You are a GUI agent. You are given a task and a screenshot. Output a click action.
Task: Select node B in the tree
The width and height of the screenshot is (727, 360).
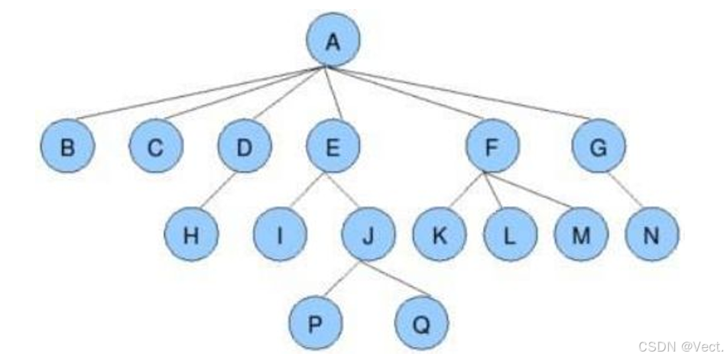(68, 146)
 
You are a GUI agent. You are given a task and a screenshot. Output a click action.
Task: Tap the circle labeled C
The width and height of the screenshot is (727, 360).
(155, 146)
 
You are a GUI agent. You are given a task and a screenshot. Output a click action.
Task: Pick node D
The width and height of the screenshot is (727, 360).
(244, 146)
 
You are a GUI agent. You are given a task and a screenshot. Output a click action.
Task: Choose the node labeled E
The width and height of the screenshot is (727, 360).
(333, 146)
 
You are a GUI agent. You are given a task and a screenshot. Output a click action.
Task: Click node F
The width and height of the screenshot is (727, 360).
(493, 146)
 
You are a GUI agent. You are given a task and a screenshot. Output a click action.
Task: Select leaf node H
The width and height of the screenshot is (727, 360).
(191, 234)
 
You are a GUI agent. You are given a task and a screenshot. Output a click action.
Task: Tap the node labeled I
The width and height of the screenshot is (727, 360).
(280, 234)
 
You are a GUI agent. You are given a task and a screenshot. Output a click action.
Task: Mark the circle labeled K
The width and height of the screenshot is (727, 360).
(440, 234)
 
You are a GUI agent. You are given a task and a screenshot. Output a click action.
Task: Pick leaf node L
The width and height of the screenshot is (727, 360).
(510, 234)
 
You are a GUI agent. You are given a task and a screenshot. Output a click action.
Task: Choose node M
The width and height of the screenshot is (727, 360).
(581, 234)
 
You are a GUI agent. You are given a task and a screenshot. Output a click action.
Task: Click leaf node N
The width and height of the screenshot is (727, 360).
(651, 234)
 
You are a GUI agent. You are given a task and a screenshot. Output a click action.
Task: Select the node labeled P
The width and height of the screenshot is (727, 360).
(315, 322)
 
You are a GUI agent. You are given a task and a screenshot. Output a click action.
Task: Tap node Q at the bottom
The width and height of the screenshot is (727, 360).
(421, 322)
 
